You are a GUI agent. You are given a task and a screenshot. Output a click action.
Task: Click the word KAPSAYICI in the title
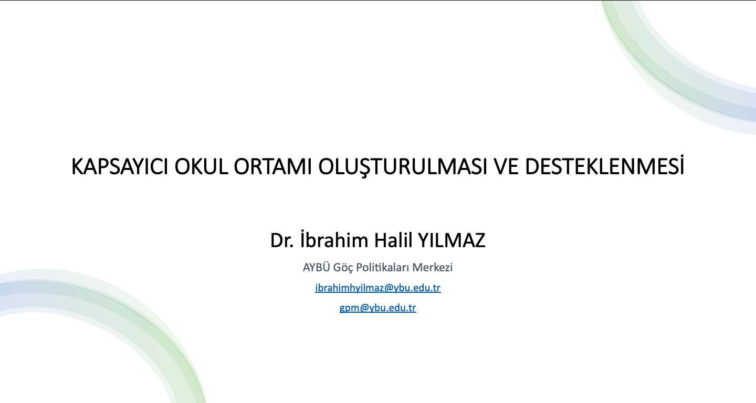pyautogui.click(x=120, y=166)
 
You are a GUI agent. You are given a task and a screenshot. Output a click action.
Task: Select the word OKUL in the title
pyautogui.click(x=201, y=166)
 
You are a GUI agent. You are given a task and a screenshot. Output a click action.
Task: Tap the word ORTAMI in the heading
pyautogui.click(x=272, y=166)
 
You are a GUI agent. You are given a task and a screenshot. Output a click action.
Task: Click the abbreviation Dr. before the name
pyautogui.click(x=282, y=240)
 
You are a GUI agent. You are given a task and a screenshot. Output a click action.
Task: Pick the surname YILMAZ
pyautogui.click(x=451, y=240)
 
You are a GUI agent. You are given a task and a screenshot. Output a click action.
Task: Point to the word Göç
pyautogui.click(x=343, y=268)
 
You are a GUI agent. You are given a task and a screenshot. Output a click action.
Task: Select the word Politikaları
pyautogui.click(x=383, y=268)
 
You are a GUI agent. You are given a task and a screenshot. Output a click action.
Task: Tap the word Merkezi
pyautogui.click(x=433, y=268)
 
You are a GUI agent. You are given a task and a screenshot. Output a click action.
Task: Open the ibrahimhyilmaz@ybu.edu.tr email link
pyautogui.click(x=377, y=288)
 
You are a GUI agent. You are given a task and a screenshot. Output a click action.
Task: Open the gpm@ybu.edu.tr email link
pyautogui.click(x=377, y=308)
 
